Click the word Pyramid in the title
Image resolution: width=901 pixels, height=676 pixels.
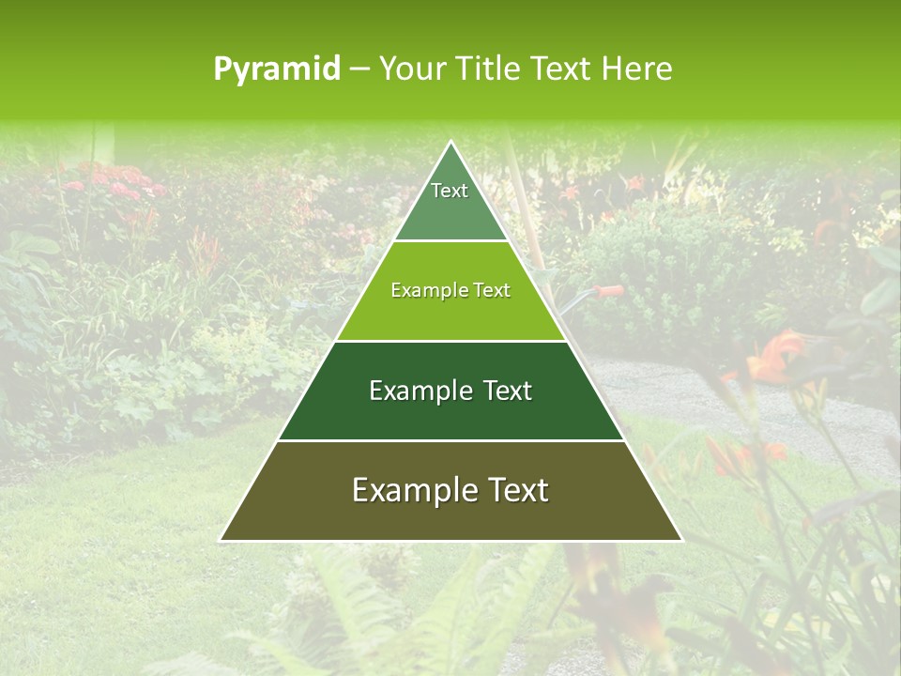276,69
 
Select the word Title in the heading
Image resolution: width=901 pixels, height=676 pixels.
490,69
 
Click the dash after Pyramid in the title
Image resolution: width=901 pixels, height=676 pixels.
359,69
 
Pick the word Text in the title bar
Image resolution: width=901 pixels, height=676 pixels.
560,69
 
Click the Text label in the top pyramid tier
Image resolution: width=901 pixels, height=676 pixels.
450,191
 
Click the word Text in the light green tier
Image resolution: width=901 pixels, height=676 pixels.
491,290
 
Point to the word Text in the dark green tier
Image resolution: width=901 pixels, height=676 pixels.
508,391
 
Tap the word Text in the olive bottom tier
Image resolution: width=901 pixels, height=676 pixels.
517,490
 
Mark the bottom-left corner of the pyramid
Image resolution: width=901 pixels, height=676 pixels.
221,540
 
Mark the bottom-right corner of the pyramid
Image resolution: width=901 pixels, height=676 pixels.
681,540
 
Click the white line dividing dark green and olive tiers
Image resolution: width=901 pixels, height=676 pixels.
450,440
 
